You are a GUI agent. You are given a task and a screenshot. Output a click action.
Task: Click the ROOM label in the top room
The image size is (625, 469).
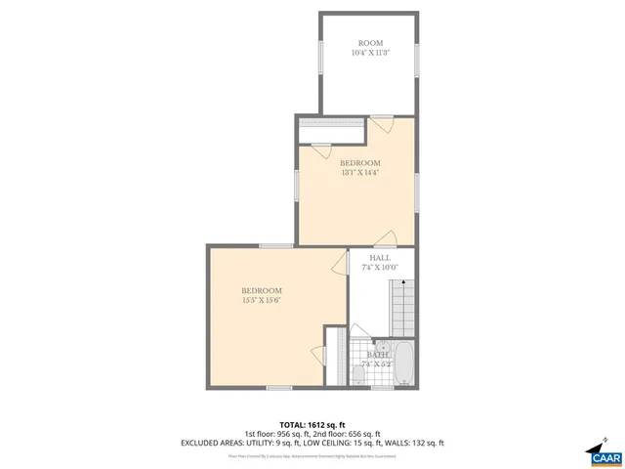tap(370, 43)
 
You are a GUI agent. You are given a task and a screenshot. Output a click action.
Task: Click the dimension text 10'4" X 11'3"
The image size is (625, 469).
tap(370, 54)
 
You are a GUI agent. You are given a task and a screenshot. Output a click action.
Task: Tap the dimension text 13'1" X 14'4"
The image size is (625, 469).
tap(359, 173)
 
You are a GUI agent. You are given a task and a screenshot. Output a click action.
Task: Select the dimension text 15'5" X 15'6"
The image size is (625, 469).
tap(262, 301)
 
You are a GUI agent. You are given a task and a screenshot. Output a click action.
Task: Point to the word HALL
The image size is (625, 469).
tap(380, 257)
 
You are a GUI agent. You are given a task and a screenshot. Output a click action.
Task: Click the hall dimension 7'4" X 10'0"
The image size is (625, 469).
tap(380, 267)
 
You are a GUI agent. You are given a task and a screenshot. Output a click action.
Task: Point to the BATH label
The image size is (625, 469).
tap(377, 355)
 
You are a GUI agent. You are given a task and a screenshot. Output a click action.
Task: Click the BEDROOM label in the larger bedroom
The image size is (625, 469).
tap(262, 290)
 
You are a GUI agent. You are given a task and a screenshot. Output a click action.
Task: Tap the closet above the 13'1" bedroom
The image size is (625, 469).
tap(330, 122)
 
